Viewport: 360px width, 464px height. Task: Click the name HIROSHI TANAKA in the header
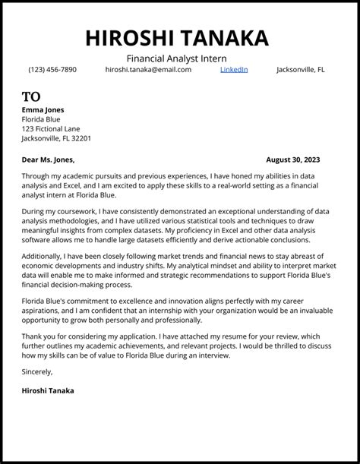pyautogui.click(x=177, y=38)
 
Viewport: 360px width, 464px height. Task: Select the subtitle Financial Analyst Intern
pyautogui.click(x=176, y=58)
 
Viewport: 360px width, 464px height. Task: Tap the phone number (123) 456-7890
pyautogui.click(x=52, y=70)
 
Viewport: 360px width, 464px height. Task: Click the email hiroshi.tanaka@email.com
pyautogui.click(x=148, y=70)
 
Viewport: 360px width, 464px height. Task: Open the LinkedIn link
pyautogui.click(x=234, y=70)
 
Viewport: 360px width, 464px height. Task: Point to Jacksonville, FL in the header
pyautogui.click(x=300, y=70)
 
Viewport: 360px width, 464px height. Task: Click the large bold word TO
pyautogui.click(x=31, y=96)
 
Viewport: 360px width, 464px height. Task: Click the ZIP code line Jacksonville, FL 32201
pyautogui.click(x=57, y=138)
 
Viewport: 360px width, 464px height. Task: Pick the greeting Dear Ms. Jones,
pyautogui.click(x=49, y=159)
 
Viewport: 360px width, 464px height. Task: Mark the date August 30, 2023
pyautogui.click(x=293, y=159)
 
